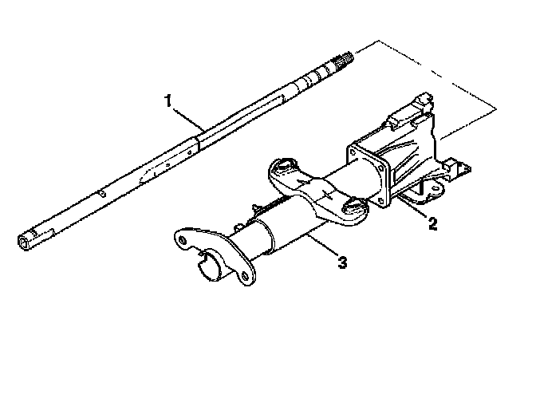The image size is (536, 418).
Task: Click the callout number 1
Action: (167, 101)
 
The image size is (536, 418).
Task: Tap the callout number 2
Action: (432, 224)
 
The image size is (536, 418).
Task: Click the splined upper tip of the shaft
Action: (345, 57)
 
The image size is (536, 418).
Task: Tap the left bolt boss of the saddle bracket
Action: (281, 168)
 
